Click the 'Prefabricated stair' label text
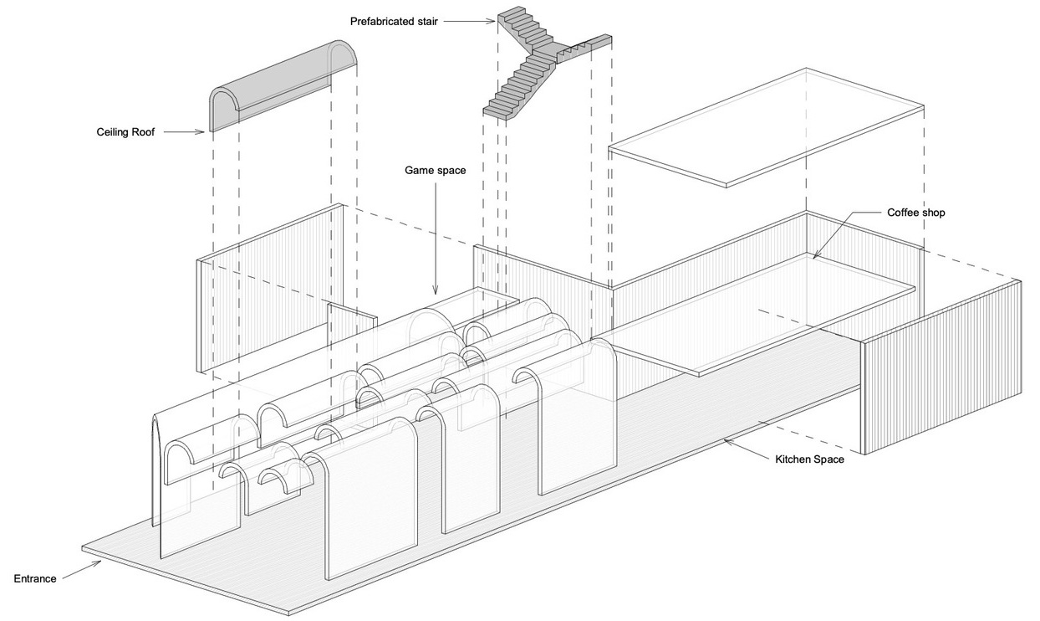pos(394,22)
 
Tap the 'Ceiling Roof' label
pos(125,132)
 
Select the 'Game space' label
pos(435,170)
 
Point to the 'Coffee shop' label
pos(916,213)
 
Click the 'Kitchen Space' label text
pos(810,459)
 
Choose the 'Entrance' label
pos(35,578)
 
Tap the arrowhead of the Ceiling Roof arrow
pos(201,132)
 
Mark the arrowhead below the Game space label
pos(436,290)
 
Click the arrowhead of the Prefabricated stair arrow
pos(492,21)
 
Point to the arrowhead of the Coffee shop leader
pos(816,254)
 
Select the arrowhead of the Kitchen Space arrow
pos(728,441)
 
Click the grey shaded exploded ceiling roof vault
pos(283,86)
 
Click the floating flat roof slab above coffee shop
pos(766,128)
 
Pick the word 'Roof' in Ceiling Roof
pos(143,132)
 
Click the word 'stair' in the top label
pos(426,22)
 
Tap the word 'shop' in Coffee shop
pos(934,213)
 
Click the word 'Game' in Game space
pos(417,170)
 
